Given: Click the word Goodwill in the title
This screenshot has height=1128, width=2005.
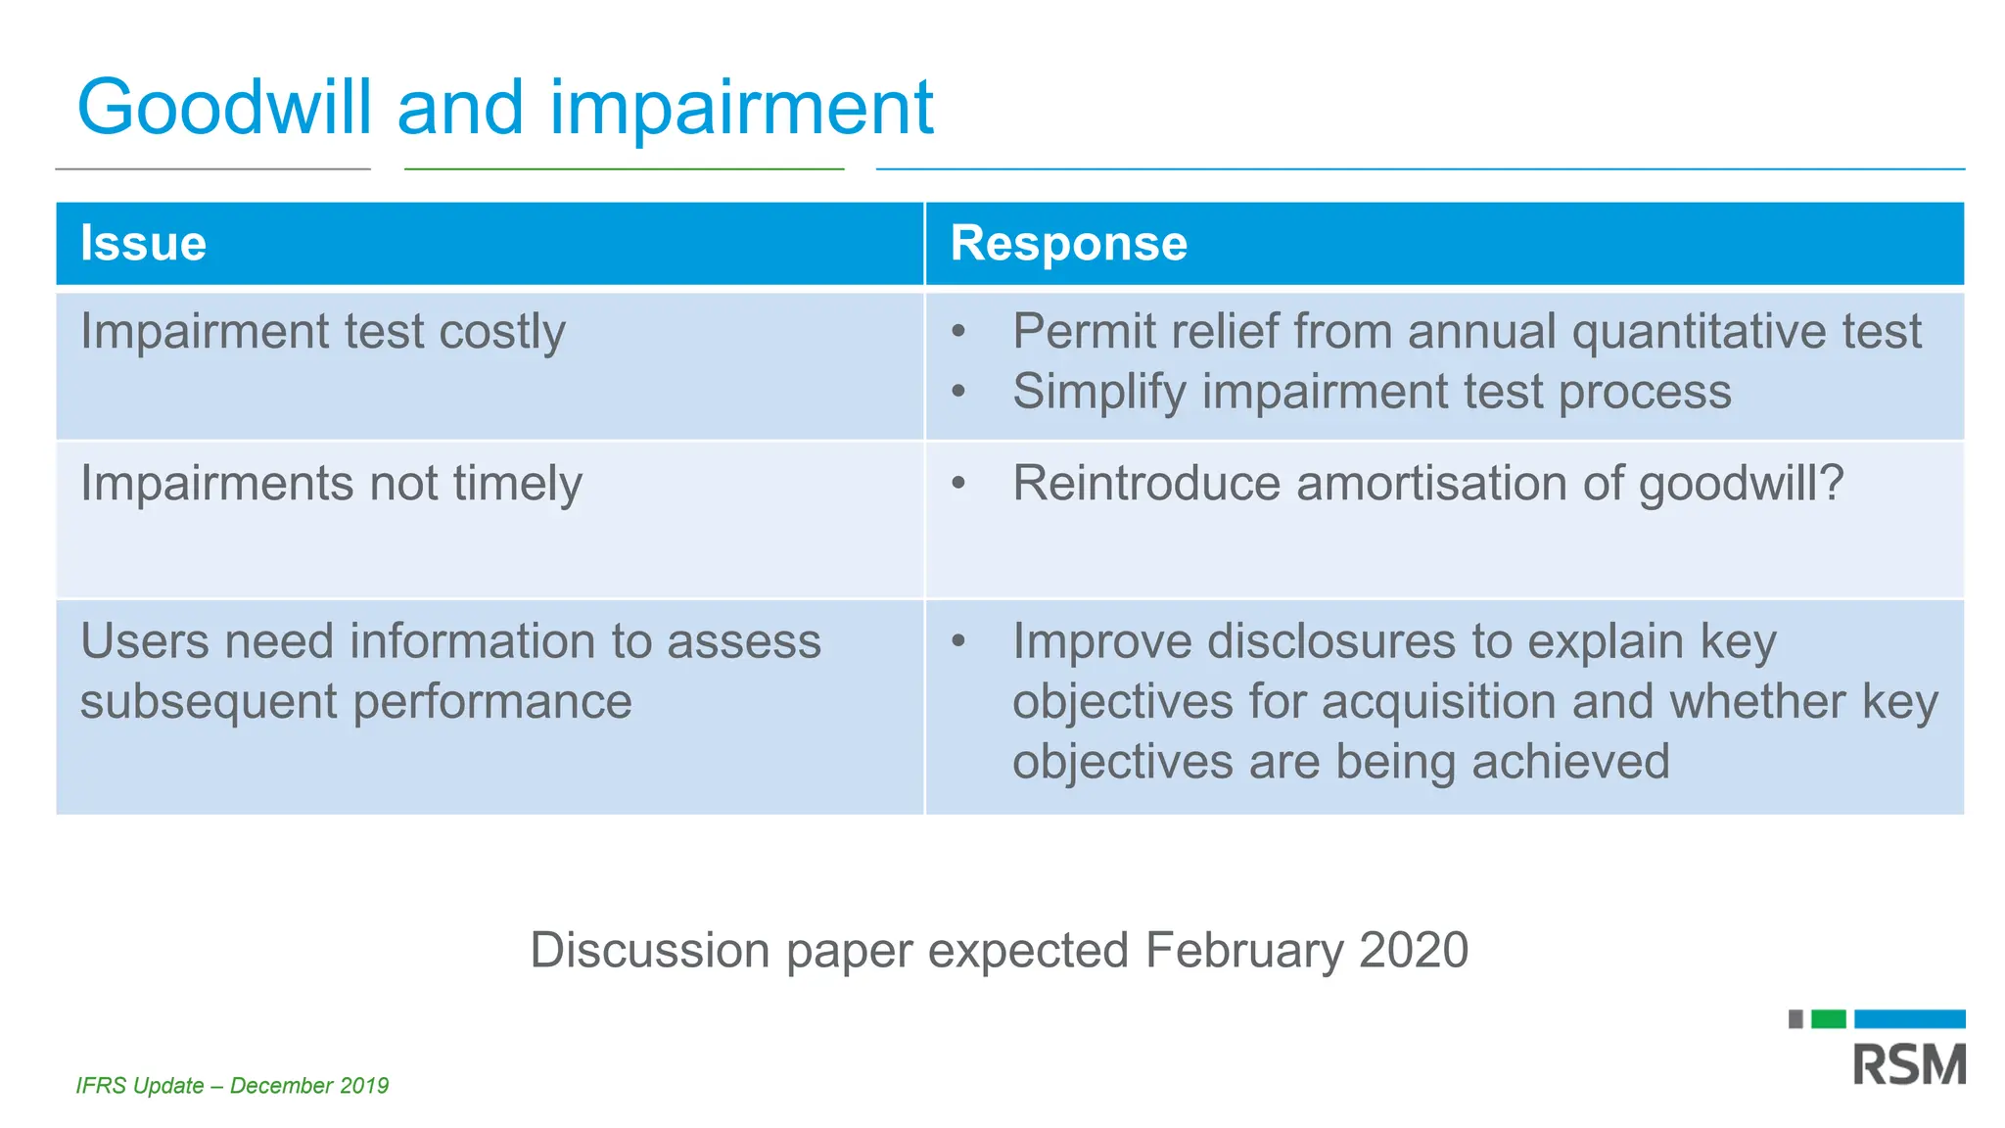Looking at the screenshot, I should click(x=224, y=108).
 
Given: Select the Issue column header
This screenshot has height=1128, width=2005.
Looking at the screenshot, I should click(x=143, y=243).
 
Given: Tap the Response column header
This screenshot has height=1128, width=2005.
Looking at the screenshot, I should click(x=1068, y=243).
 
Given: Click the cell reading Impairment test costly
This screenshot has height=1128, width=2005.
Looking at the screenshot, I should click(x=323, y=332).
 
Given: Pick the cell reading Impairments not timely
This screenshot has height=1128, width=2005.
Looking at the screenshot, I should click(x=331, y=484).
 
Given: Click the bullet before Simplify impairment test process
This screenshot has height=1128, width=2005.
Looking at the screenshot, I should click(x=958, y=393).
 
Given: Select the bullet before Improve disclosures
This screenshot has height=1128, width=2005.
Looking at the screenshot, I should click(x=958, y=642).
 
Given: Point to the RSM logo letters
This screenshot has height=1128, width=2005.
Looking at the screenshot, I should click(x=1908, y=1064).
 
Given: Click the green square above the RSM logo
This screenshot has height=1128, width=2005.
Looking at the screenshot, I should click(x=1828, y=1019).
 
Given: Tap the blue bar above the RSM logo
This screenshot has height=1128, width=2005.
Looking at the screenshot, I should click(x=1909, y=1019).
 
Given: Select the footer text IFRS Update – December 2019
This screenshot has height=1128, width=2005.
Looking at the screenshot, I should click(x=232, y=1086).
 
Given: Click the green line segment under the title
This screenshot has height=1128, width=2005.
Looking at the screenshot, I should click(x=624, y=169).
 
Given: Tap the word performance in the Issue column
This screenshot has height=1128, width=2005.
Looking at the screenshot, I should click(x=491, y=703).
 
